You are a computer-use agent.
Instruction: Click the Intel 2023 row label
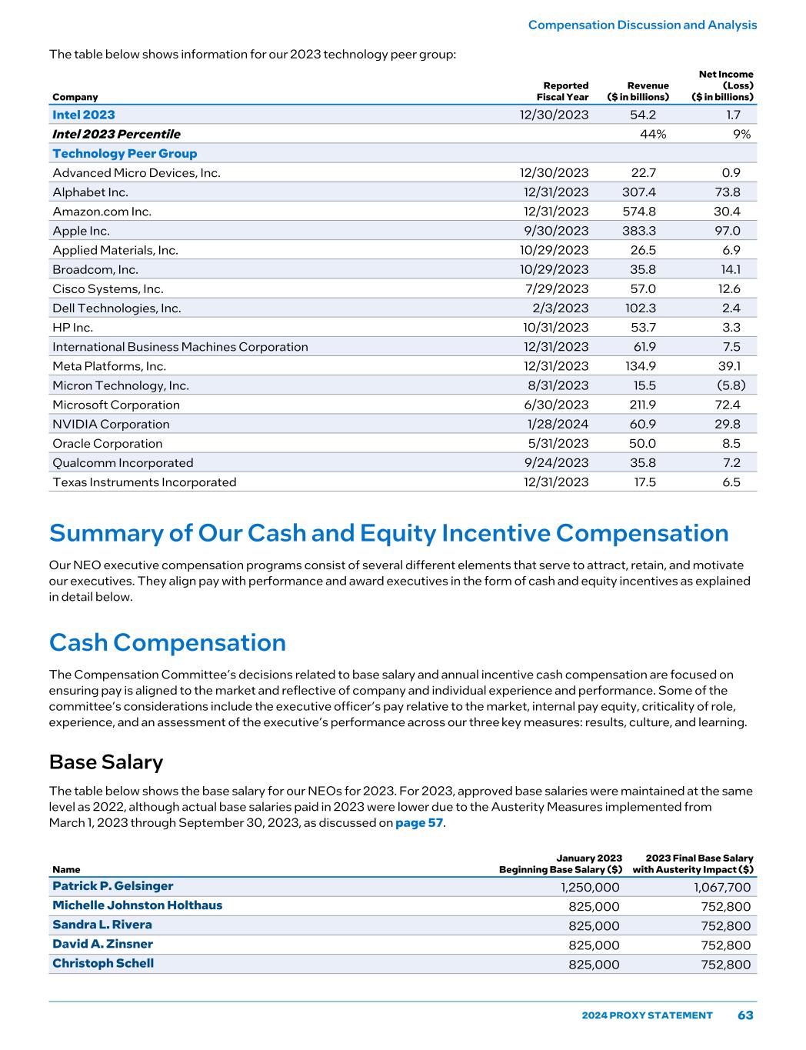tap(84, 115)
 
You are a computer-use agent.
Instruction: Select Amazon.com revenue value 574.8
tap(638, 212)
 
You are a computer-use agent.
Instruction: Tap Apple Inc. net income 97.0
tap(727, 231)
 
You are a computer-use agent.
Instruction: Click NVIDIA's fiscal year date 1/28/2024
tap(558, 424)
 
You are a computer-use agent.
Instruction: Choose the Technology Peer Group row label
tap(125, 153)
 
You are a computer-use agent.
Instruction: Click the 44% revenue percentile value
tap(653, 134)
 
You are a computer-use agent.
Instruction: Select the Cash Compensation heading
tap(168, 642)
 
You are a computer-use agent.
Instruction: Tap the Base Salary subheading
tap(106, 762)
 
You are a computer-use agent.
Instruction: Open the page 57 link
tap(419, 823)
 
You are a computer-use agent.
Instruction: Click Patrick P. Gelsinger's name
tap(113, 886)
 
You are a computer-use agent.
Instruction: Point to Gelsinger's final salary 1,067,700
tap(717, 887)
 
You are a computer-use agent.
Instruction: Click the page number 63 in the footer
tap(745, 1015)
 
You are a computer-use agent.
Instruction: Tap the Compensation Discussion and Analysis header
tap(642, 25)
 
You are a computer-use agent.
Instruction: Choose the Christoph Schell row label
tap(103, 963)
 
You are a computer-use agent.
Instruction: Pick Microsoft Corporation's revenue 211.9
tap(639, 405)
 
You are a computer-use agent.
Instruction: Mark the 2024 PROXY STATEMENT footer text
tap(647, 1015)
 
